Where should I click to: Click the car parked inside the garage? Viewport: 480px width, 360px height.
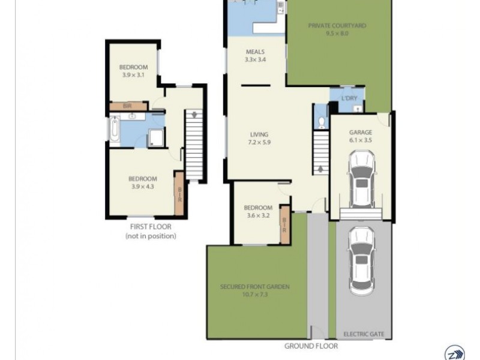coord(362,178)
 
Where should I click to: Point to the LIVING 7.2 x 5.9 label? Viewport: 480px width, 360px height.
coord(259,139)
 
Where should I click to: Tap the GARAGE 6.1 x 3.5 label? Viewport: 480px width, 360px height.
coord(361,136)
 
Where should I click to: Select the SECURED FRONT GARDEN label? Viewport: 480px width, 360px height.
coord(254,290)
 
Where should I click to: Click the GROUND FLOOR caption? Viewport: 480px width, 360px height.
coord(311,346)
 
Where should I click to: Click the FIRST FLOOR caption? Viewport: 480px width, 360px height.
coord(151,227)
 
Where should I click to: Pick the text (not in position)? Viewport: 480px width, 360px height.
coord(151,236)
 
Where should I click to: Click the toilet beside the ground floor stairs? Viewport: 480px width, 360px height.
coord(322,122)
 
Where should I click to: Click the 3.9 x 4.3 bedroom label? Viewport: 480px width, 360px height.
coord(143,182)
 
